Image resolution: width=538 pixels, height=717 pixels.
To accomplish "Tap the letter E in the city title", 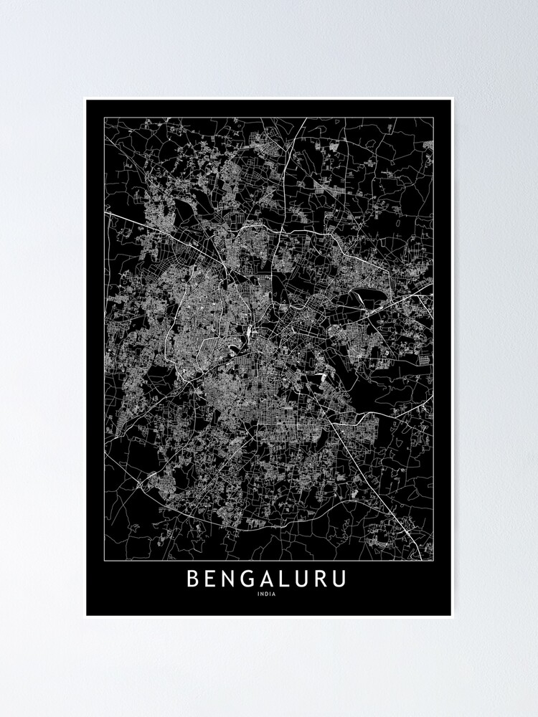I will [212, 578].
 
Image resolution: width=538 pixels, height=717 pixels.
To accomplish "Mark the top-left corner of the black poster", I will [86, 100].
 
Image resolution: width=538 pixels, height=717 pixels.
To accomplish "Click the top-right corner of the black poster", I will [452, 100].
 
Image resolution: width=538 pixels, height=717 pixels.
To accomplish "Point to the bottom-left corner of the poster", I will [86, 615].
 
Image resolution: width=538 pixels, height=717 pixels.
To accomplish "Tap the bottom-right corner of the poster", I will [452, 615].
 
